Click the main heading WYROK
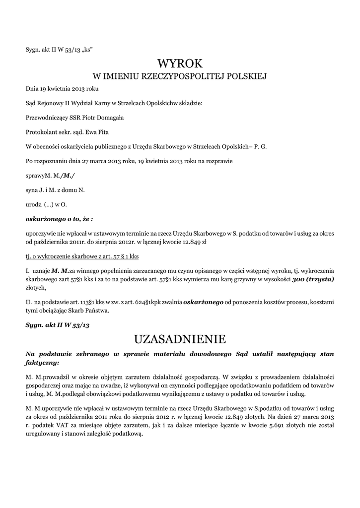click(x=180, y=63)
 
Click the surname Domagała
click(x=109, y=118)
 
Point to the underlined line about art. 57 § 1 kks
click(x=82, y=256)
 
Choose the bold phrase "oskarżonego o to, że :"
click(x=59, y=218)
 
